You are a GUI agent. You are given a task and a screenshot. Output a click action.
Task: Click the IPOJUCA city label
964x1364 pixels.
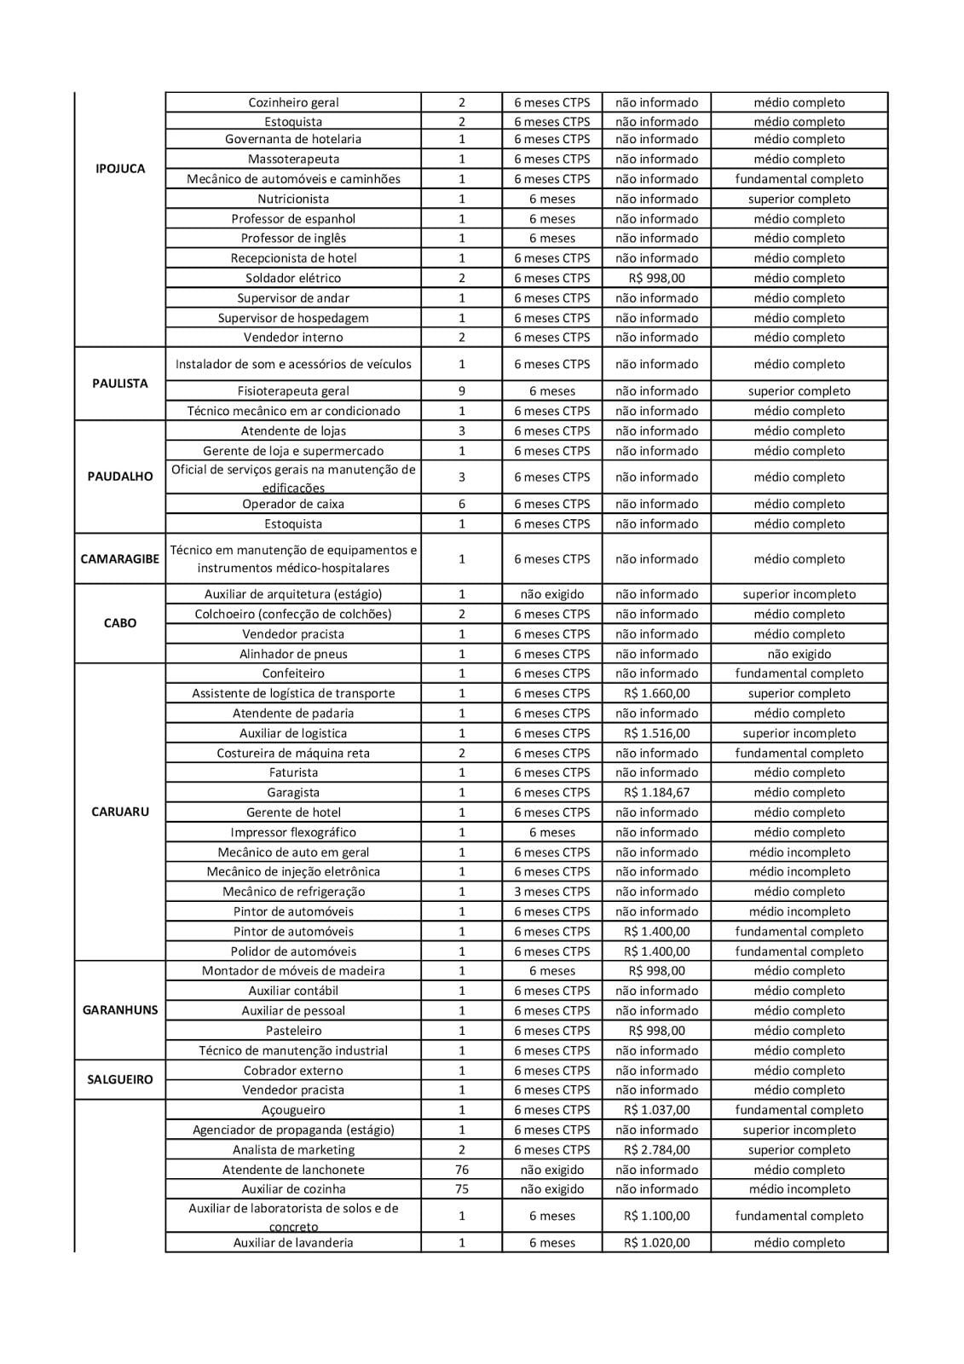(120, 169)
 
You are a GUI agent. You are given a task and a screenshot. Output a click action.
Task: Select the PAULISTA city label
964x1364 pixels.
(120, 384)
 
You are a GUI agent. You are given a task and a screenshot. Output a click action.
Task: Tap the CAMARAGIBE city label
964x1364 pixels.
(120, 559)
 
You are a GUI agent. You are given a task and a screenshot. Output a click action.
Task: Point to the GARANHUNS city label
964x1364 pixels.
(120, 1010)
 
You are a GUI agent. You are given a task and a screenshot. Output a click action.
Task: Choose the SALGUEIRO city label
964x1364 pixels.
(120, 1079)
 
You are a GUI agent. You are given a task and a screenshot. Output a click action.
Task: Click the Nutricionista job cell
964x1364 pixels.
(293, 199)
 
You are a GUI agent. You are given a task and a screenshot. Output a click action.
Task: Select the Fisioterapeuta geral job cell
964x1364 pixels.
(293, 391)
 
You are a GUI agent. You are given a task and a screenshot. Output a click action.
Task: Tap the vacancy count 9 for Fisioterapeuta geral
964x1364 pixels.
(462, 391)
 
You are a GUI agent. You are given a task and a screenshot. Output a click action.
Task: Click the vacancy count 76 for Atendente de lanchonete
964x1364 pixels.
(462, 1170)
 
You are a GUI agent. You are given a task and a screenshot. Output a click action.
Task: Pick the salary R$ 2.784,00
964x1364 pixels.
(656, 1150)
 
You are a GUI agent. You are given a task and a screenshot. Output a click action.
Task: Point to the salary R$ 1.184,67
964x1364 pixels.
(656, 793)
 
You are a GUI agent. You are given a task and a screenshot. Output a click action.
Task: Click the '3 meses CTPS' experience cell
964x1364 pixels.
(552, 892)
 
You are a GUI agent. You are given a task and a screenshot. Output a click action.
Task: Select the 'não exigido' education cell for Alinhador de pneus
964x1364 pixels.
(799, 654)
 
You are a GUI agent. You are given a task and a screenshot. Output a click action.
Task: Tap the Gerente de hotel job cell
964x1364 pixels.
(293, 812)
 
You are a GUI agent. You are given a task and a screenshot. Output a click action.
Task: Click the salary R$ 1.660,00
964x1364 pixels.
(656, 693)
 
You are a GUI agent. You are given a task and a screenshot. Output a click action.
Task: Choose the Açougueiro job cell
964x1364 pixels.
(293, 1110)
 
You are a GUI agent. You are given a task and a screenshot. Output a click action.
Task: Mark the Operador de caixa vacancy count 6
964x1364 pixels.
(462, 504)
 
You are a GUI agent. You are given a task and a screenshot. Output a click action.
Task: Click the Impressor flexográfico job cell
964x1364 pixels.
(293, 832)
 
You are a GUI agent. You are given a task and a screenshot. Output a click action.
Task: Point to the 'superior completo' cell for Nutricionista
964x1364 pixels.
(799, 199)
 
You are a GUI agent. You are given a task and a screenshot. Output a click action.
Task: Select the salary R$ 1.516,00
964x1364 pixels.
(656, 733)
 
